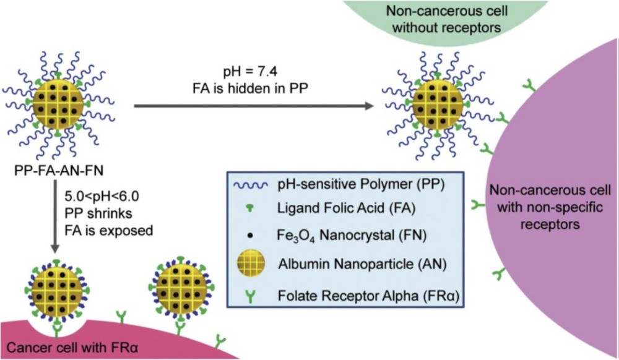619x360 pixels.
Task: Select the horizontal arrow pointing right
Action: (x=254, y=106)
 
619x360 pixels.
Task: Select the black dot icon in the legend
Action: (x=251, y=236)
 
